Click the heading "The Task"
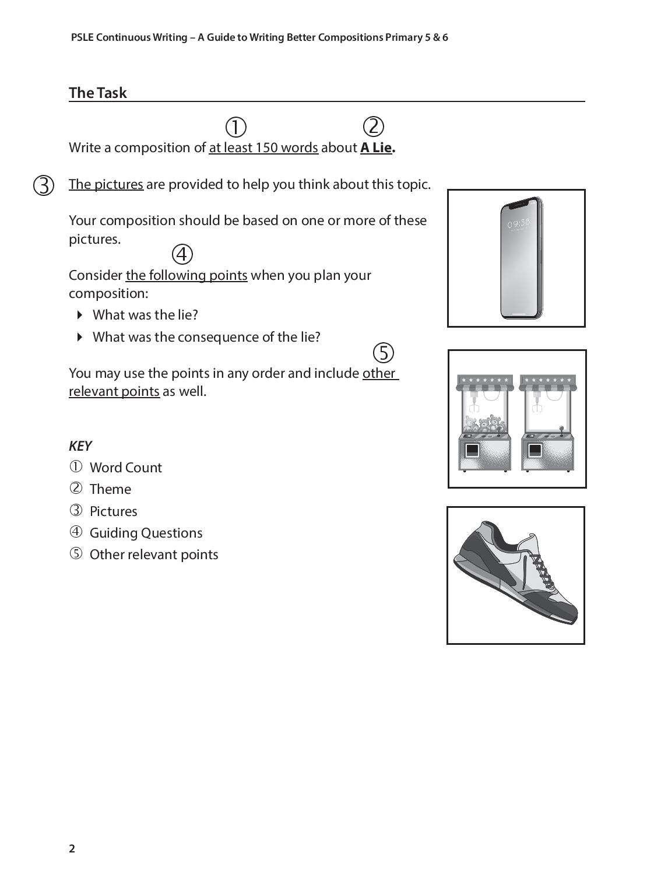tap(97, 93)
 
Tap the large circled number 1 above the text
tap(235, 127)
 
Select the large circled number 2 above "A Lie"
tap(373, 126)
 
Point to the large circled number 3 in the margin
tap(44, 185)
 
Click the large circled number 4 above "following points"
tap(182, 254)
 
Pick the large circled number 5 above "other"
tap(383, 353)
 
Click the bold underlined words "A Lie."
tap(378, 148)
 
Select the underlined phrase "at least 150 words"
tap(263, 148)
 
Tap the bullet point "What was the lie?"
tap(145, 315)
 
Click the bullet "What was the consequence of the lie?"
tap(206, 337)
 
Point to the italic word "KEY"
tap(80, 446)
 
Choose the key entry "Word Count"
tap(125, 468)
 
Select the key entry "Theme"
tap(110, 489)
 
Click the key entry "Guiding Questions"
tap(146, 533)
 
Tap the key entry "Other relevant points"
tap(154, 554)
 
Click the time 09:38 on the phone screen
tap(518, 223)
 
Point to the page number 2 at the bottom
tap(72, 848)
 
